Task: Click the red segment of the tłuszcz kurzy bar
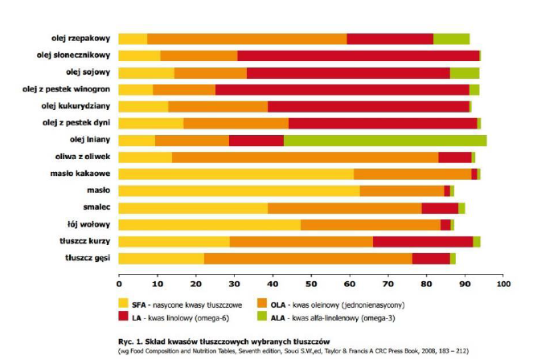click(423, 241)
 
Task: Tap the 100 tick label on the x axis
click(503, 283)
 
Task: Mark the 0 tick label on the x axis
click(119, 283)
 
